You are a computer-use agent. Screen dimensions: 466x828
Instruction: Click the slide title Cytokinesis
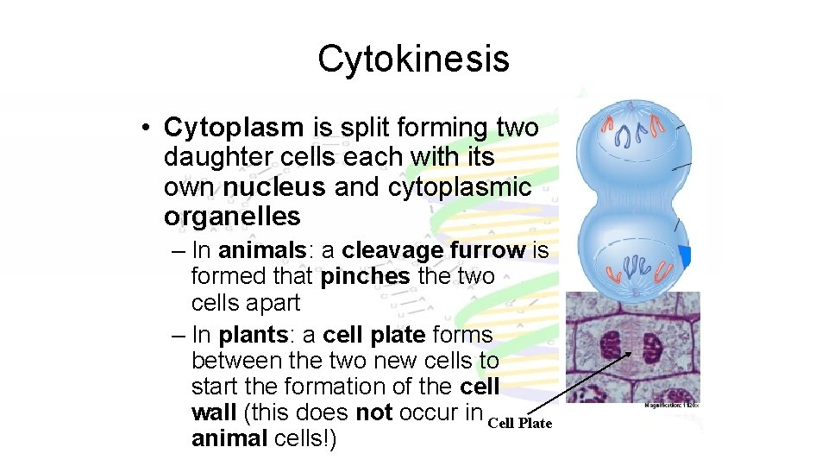(x=413, y=60)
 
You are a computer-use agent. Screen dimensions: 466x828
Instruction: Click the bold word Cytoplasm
(x=234, y=128)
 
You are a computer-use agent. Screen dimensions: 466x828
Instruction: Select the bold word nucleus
(x=274, y=186)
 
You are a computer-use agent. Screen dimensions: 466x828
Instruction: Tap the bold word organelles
(x=232, y=216)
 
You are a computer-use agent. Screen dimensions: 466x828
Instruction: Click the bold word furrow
(x=489, y=250)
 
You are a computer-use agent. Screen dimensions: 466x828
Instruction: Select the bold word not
(x=373, y=412)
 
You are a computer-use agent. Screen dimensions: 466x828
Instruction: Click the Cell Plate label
(x=519, y=423)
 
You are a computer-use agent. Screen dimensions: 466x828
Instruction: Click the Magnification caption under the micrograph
(x=672, y=404)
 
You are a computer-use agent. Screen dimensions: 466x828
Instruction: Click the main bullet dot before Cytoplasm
(x=148, y=129)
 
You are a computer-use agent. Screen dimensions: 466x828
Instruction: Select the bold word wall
(x=215, y=412)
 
